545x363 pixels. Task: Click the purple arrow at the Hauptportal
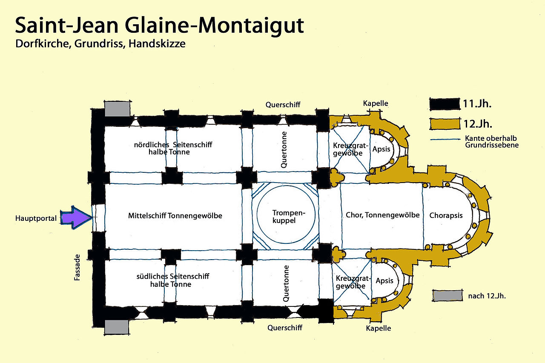click(76, 217)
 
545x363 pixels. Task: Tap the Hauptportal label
click(36, 218)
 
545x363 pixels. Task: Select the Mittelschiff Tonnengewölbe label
click(175, 216)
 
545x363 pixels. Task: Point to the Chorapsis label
click(446, 215)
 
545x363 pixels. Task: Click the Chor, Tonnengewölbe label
click(383, 215)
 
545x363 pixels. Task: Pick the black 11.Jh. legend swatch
click(445, 104)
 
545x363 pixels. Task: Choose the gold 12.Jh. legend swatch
click(445, 124)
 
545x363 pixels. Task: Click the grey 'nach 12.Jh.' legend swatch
click(447, 296)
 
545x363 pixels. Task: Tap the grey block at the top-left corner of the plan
click(117, 109)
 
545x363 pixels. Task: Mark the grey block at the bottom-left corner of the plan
click(117, 327)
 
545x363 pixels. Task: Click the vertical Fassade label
click(77, 267)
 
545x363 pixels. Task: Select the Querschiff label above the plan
click(283, 105)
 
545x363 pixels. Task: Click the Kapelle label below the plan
click(379, 328)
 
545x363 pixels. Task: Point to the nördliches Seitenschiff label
click(173, 149)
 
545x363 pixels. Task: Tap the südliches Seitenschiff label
click(173, 280)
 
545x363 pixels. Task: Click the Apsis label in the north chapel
click(381, 149)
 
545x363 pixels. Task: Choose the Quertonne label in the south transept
click(286, 283)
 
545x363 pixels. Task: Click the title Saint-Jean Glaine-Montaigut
click(159, 26)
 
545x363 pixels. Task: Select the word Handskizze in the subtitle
click(157, 44)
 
